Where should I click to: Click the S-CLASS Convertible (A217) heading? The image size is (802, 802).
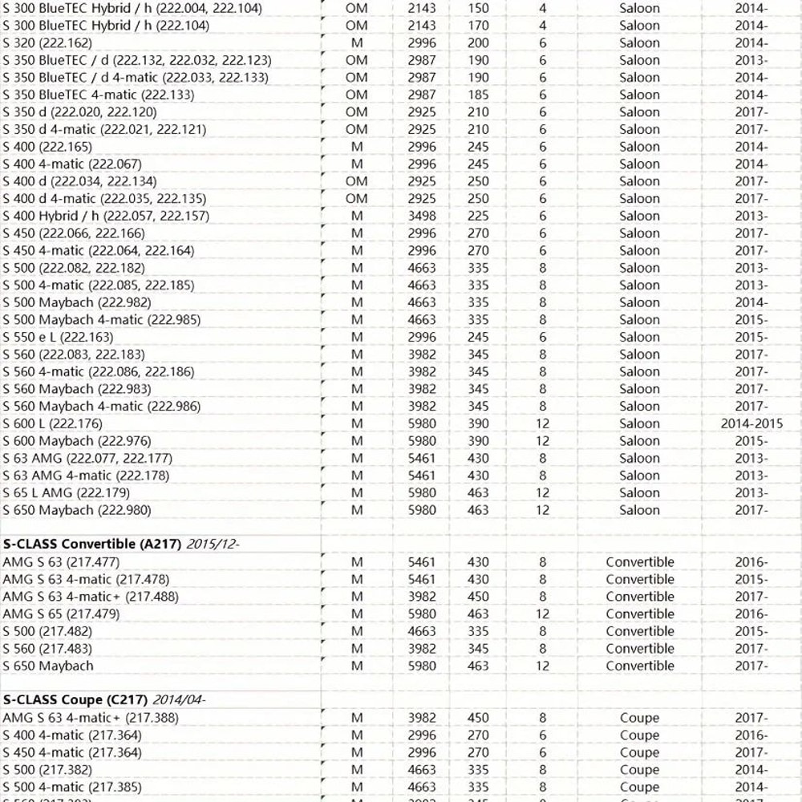[92, 544]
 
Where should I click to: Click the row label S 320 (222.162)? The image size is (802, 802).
[47, 43]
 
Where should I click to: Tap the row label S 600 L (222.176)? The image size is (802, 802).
[53, 423]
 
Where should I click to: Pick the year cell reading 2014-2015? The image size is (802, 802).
[751, 423]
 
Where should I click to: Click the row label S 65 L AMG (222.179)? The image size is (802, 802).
[66, 492]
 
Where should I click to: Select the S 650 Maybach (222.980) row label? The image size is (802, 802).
[76, 510]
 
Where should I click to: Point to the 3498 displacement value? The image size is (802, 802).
[422, 216]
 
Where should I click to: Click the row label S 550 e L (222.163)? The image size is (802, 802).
[58, 337]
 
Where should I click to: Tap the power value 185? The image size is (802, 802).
[478, 95]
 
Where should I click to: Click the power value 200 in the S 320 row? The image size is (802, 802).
[478, 43]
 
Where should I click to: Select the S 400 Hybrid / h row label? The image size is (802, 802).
[106, 216]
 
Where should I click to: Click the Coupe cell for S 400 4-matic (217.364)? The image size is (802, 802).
[639, 735]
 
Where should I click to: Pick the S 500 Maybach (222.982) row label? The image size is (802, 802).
[76, 302]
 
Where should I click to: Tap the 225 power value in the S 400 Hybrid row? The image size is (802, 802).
[478, 216]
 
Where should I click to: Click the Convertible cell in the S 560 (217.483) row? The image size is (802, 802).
[639, 648]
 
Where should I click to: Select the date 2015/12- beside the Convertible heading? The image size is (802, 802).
[213, 544]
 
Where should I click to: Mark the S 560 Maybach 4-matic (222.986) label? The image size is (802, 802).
[101, 406]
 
